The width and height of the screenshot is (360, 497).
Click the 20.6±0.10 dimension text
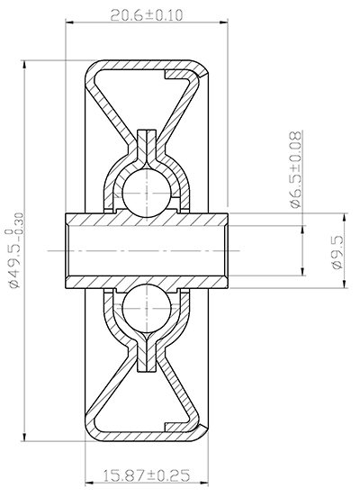(x=147, y=15)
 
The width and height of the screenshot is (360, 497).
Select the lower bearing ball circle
(x=145, y=310)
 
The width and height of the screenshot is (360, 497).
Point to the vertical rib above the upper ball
(x=145, y=144)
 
